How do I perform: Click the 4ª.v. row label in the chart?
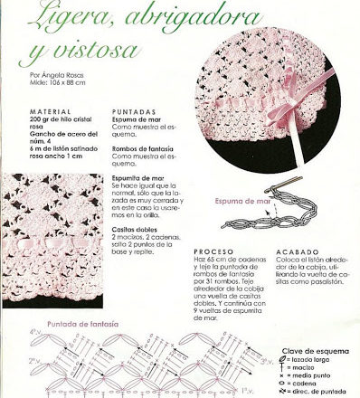point(35,308)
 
